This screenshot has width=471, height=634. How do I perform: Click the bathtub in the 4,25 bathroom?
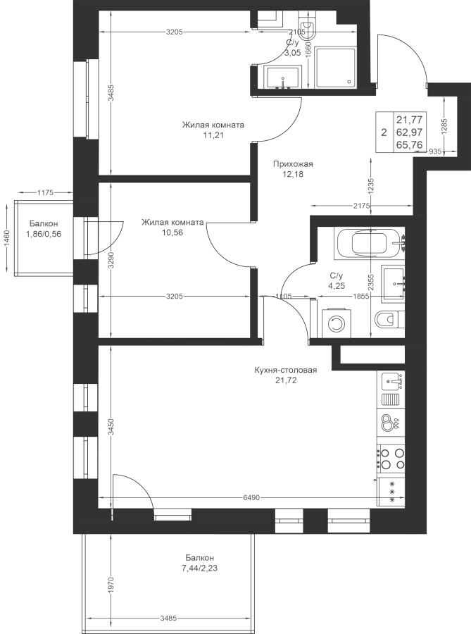(369, 244)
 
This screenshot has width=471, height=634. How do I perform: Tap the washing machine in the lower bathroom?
(336, 323)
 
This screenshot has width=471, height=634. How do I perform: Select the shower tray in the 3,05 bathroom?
(336, 68)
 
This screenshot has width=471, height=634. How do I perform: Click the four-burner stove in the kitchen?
(391, 459)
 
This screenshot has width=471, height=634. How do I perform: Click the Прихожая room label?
(293, 164)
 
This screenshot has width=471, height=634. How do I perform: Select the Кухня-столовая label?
(286, 370)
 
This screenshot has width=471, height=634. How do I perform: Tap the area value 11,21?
(213, 135)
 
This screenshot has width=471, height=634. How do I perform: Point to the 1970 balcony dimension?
(112, 583)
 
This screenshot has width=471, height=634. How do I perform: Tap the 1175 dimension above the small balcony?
(45, 192)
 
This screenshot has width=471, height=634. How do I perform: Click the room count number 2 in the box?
(384, 132)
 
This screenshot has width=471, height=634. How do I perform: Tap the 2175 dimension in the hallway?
(362, 206)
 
